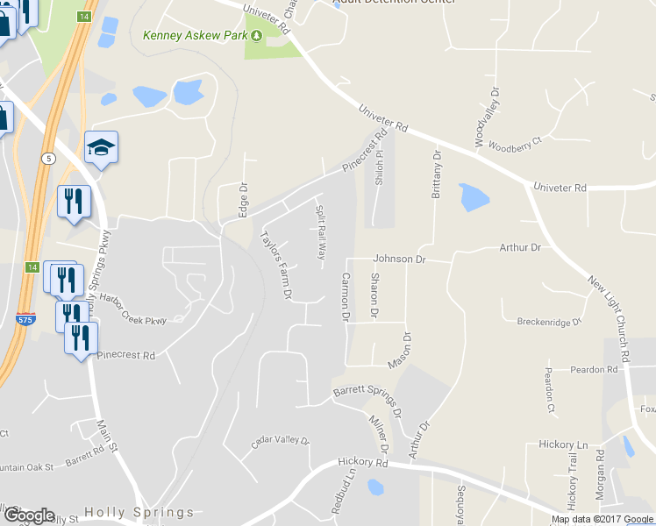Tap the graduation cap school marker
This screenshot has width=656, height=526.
(x=101, y=147)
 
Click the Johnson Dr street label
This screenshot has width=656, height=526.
(x=399, y=259)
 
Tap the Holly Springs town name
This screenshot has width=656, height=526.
(x=139, y=512)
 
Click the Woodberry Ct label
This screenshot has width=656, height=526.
(x=516, y=144)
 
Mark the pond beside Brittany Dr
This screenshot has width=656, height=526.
(x=474, y=198)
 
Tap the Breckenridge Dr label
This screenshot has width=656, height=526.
(x=550, y=322)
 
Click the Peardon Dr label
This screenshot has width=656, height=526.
(x=593, y=370)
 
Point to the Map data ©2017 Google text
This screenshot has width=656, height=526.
(x=602, y=519)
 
